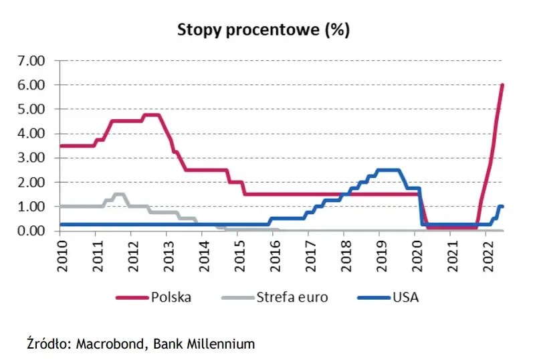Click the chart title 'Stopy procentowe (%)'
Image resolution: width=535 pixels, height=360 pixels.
point(263,31)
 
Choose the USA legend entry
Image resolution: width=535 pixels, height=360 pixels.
point(405,297)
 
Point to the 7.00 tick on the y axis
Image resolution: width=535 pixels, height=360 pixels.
point(29,61)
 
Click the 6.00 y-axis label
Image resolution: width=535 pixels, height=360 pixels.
point(29,85)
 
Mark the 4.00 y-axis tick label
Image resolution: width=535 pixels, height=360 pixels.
point(29,134)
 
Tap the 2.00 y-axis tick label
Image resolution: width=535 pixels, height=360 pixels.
point(29,182)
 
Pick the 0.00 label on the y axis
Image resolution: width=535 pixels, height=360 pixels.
point(29,231)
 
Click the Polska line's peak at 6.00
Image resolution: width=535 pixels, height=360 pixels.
point(502,86)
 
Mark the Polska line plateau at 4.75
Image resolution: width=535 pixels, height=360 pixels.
point(152,115)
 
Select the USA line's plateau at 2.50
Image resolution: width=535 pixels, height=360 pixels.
point(389,170)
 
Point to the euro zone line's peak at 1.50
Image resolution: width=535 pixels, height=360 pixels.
point(119,194)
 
